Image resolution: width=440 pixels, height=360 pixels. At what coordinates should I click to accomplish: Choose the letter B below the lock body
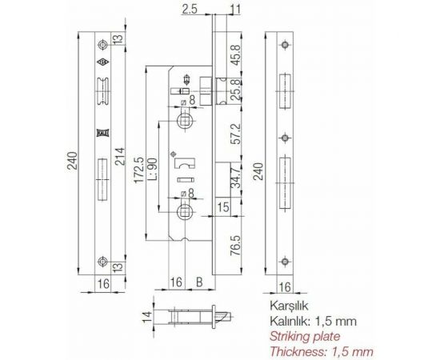coord(199,282)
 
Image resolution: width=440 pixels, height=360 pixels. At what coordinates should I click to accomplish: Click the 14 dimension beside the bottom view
coord(146,319)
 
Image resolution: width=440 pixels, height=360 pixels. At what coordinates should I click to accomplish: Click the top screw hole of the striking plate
coord(286,43)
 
